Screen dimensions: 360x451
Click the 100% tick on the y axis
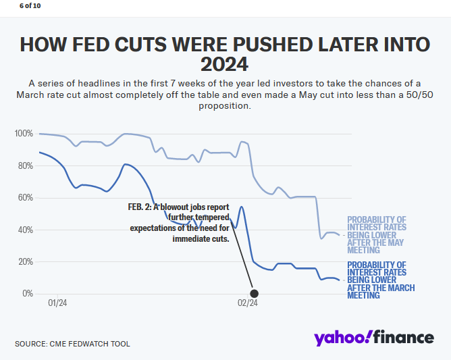click(x=24, y=134)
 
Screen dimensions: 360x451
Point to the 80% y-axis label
click(x=25, y=165)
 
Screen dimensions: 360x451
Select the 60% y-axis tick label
click(x=25, y=198)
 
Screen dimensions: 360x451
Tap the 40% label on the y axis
click(x=25, y=230)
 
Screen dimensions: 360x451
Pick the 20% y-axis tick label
click(x=25, y=261)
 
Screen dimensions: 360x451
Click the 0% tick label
click(x=27, y=294)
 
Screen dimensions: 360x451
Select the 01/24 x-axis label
click(x=57, y=303)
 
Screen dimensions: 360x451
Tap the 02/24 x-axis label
click(x=248, y=303)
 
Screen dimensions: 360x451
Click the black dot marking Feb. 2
click(x=255, y=293)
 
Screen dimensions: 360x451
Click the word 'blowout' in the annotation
click(x=175, y=207)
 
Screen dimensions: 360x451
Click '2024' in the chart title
click(x=225, y=65)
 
